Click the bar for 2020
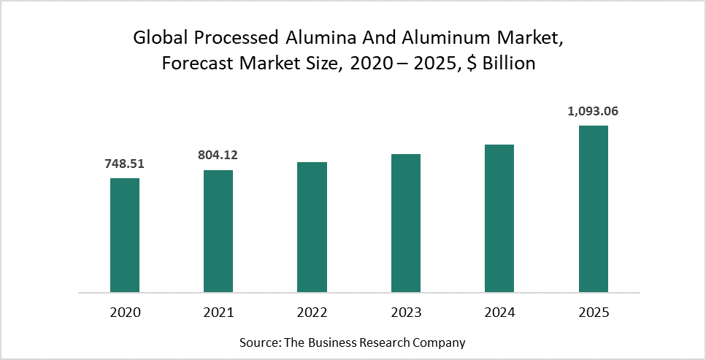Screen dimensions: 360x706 pyautogui.click(x=125, y=235)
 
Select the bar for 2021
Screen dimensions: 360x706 pyautogui.click(x=218, y=231)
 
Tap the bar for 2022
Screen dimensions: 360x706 pyautogui.click(x=312, y=227)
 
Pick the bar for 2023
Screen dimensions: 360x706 pyautogui.click(x=406, y=223)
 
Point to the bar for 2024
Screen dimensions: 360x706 pyautogui.click(x=499, y=218)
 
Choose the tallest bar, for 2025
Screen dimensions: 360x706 pyautogui.click(x=593, y=209)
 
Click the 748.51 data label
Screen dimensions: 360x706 pyautogui.click(x=125, y=164)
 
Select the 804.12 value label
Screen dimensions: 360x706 pyautogui.click(x=218, y=155)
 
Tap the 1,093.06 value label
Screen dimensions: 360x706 pyautogui.click(x=593, y=111)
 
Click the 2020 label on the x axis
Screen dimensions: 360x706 pyautogui.click(x=125, y=313)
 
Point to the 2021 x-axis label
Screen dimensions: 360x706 pyautogui.click(x=218, y=313)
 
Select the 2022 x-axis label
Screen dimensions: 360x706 pyautogui.click(x=312, y=313)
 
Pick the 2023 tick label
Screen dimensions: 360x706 pyautogui.click(x=406, y=313)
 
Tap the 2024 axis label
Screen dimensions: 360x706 pyautogui.click(x=499, y=313)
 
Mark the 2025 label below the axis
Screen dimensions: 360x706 pyautogui.click(x=593, y=313)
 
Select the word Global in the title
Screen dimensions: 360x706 pyautogui.click(x=157, y=39)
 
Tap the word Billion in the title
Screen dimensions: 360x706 pyautogui.click(x=508, y=64)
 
